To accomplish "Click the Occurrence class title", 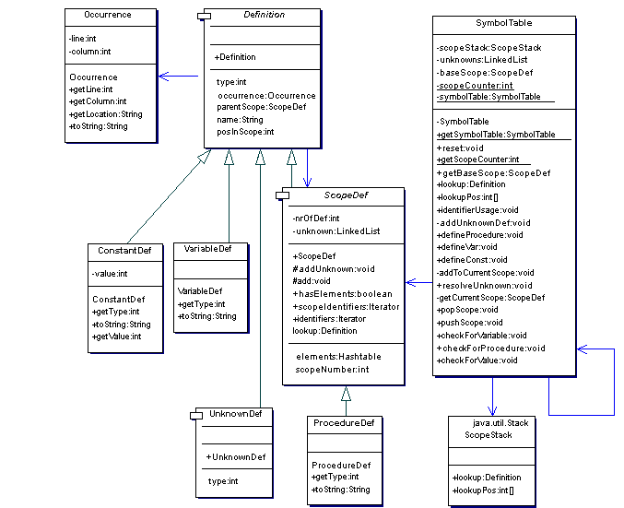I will coord(107,16).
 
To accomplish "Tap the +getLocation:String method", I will coord(104,113).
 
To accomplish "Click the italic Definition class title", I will coord(264,16).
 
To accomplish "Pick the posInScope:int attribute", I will coord(245,132).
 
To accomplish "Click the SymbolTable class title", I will coord(503,22).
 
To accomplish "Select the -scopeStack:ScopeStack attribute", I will coord(489,47).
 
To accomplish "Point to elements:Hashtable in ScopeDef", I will coord(338,357).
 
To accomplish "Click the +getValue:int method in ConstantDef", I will coord(117,337).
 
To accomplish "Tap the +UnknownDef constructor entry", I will coord(236,457).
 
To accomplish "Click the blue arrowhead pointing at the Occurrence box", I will coord(162,77).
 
